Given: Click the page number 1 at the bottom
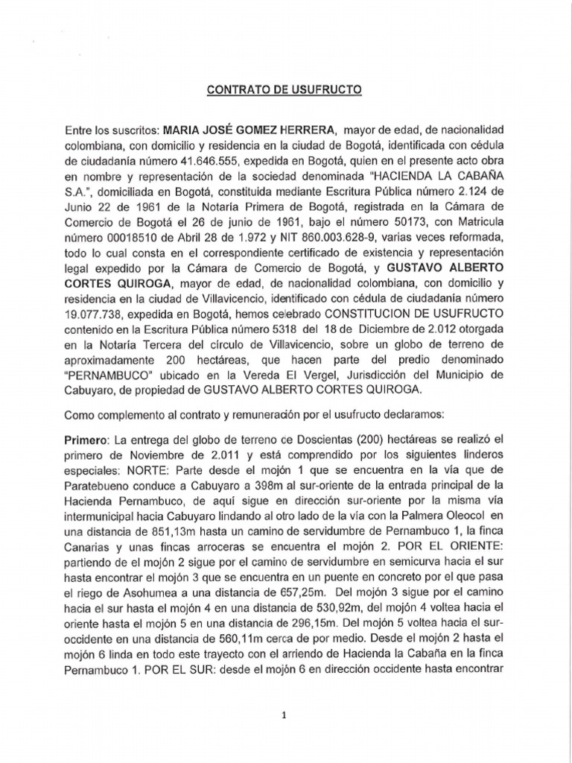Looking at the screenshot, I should click(284, 715).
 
